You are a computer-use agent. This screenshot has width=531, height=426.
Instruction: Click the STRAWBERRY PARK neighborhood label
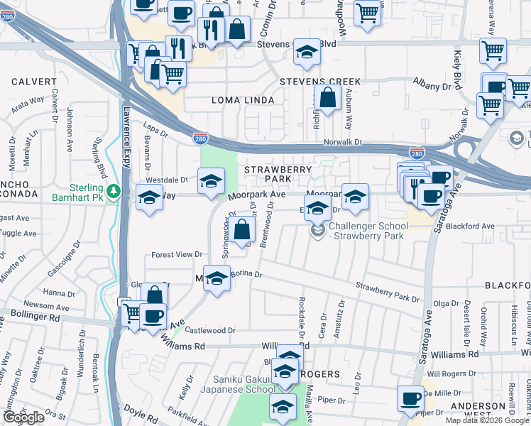(278, 175)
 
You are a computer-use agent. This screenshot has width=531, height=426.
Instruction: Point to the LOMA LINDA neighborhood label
(243, 100)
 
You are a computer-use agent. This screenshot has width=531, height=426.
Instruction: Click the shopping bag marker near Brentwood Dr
(242, 230)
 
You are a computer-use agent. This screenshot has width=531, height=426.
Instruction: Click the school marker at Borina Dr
(217, 279)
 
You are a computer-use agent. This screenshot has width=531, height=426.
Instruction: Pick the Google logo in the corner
(23, 417)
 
